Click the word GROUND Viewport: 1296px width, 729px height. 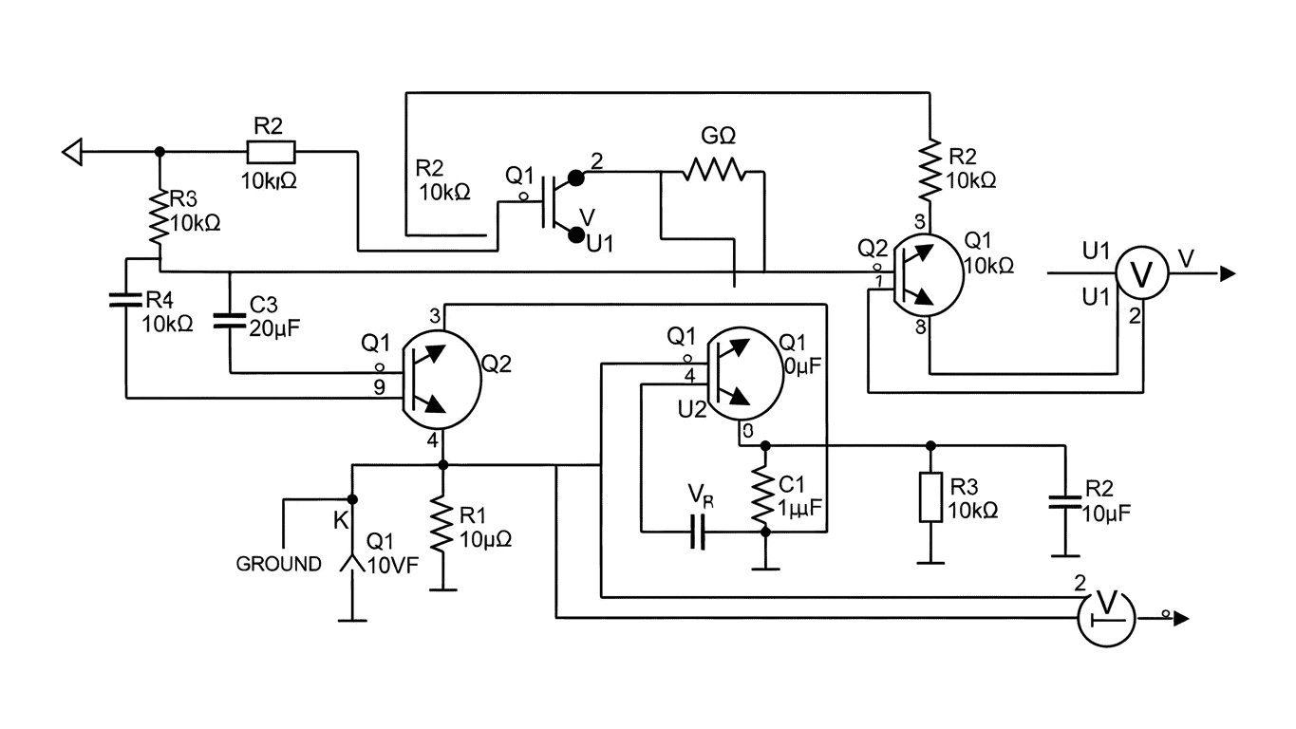tap(278, 565)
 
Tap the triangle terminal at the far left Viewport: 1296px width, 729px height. tap(73, 150)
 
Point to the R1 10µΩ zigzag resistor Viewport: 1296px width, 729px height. tap(441, 527)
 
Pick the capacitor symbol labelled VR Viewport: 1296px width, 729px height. tap(699, 533)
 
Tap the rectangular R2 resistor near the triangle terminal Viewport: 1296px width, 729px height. tap(271, 151)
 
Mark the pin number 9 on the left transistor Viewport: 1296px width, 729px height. tap(379, 386)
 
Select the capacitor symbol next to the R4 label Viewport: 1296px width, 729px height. tap(126, 300)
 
